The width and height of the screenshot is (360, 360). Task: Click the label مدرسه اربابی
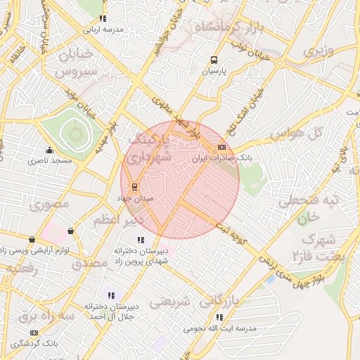coord(103,30)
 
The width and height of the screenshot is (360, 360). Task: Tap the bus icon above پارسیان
coord(214,60)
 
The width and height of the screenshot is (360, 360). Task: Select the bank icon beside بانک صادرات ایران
coord(222,147)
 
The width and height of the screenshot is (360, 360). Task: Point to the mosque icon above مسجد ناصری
coord(49,150)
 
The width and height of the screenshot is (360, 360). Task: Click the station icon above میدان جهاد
coord(134,187)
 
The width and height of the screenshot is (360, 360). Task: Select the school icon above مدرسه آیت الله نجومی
coord(220,317)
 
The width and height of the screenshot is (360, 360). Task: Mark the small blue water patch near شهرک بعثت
coord(271,280)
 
